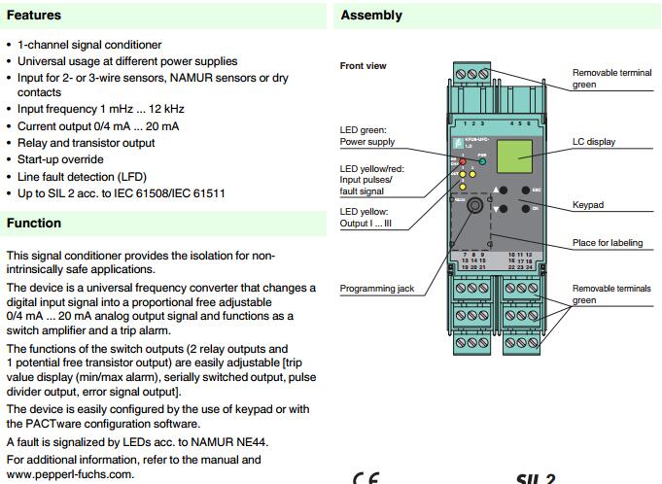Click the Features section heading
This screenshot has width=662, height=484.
34,16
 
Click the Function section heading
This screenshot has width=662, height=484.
34,224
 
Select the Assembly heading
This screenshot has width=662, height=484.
371,16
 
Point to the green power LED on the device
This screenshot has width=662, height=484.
480,161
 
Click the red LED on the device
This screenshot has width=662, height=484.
463,161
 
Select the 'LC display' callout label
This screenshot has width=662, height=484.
594,142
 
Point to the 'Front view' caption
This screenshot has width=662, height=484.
363,66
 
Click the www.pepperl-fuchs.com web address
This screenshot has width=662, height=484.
67,473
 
